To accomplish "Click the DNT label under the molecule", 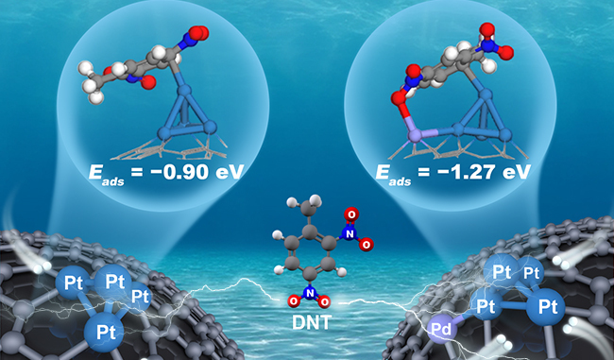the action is click(312, 322).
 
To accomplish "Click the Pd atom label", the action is click(444, 330).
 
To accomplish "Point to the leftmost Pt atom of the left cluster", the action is click(74, 283).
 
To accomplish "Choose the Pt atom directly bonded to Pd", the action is click(486, 307).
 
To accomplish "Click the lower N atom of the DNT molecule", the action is click(309, 292).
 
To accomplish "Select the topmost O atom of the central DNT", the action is click(351, 214).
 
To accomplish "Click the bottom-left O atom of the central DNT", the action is click(294, 301).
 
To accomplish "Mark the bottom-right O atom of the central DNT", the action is click(324, 301).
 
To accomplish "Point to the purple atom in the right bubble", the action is click(415, 136).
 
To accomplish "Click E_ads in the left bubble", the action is click(107, 174).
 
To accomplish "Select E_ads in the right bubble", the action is click(394, 174).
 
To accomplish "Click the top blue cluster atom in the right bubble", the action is click(486, 95).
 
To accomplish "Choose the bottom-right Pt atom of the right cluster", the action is click(545, 307).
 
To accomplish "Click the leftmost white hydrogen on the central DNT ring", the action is click(278, 234).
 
